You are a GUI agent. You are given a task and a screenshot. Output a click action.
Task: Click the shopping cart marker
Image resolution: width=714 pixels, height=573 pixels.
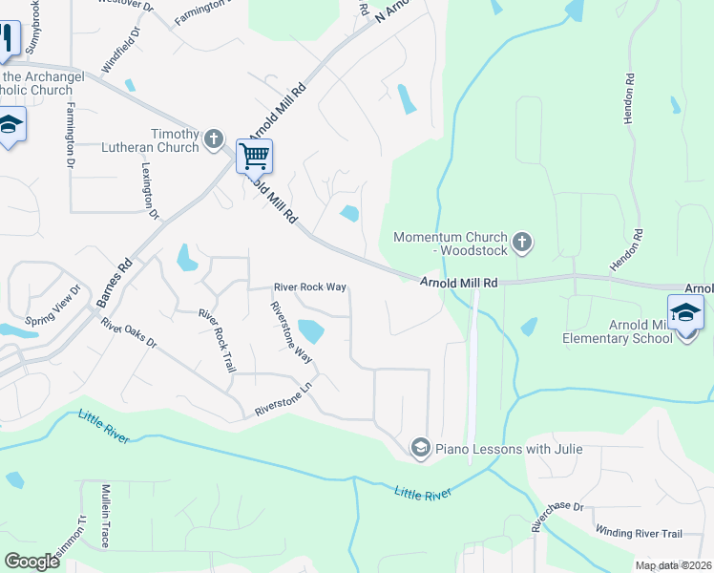pos(255,156)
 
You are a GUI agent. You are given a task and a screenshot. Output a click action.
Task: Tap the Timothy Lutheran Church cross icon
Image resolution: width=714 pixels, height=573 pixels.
pos(213,138)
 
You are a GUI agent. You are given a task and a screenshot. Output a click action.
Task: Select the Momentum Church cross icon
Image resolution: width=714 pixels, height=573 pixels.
pos(521,243)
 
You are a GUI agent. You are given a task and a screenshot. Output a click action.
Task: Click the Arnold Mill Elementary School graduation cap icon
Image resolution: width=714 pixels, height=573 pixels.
pos(686,312)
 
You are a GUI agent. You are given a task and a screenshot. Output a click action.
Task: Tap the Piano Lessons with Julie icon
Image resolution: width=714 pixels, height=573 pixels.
pos(420,447)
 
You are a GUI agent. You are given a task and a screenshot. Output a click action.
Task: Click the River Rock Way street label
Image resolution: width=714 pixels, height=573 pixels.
pos(309,286)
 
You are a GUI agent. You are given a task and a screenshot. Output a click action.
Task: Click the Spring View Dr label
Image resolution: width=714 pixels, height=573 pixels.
pos(52,304)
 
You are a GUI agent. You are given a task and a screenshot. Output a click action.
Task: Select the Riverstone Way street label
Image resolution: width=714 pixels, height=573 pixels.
pos(291,330)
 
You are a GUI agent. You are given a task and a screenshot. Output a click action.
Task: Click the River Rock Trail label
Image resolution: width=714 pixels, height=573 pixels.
pos(216,340)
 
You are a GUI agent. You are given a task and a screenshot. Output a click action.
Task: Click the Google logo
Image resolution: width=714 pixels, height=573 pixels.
pos(32,561)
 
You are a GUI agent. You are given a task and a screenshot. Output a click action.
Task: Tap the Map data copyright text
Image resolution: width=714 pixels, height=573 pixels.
pos(674,565)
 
